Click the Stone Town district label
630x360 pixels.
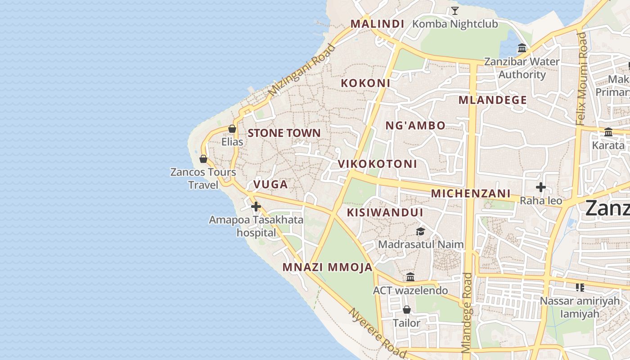click(284, 133)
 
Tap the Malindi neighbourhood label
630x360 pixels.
click(377, 24)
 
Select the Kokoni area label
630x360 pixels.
click(365, 83)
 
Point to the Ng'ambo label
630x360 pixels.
click(415, 126)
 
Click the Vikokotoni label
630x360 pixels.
click(378, 164)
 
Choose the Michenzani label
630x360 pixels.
click(471, 193)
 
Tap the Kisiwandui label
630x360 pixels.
click(385, 212)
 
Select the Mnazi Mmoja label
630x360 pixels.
click(327, 267)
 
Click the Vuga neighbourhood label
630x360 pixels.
click(270, 184)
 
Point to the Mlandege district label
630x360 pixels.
click(492, 100)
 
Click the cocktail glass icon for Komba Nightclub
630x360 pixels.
click(455, 11)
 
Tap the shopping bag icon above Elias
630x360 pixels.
click(232, 129)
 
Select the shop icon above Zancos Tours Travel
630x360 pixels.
click(203, 159)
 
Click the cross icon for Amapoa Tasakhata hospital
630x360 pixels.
click(256, 207)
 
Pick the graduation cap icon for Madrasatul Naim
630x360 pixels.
click(420, 231)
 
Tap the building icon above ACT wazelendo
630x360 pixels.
click(410, 277)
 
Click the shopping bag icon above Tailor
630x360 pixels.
click(406, 310)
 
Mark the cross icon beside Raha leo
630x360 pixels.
click(541, 187)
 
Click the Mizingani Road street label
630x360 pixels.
click(302, 70)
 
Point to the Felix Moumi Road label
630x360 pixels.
click(582, 79)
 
